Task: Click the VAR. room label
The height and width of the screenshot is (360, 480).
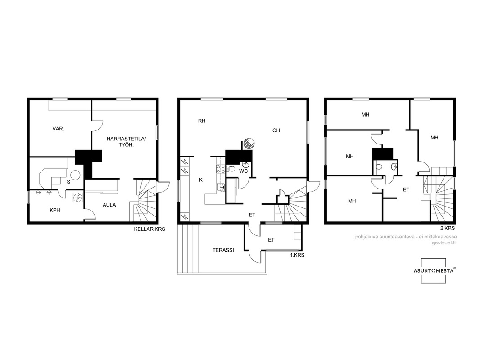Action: click(58, 129)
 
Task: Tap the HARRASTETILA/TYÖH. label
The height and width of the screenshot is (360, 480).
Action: click(127, 142)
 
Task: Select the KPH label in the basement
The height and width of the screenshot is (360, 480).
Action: click(55, 210)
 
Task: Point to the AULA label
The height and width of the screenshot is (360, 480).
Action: click(109, 205)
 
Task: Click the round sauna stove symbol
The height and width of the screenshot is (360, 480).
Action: click(75, 175)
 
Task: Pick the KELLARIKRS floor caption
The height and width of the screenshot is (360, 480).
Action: click(149, 229)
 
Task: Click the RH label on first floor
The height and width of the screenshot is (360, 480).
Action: click(202, 121)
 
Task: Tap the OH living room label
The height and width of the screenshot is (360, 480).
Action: click(276, 130)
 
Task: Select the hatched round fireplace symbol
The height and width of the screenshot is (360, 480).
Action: click(249, 144)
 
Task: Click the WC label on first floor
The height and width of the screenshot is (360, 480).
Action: click(243, 171)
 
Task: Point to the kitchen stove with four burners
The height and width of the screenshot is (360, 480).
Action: click(221, 169)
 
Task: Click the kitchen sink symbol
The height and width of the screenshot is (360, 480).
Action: click(221, 187)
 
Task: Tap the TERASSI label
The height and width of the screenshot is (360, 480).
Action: click(223, 250)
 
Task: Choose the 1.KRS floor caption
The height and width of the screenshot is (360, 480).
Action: click(297, 255)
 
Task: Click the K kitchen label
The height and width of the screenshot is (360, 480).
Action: click(201, 180)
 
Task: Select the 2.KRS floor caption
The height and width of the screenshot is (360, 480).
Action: click(448, 228)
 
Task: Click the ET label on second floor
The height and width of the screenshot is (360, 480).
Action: click(406, 189)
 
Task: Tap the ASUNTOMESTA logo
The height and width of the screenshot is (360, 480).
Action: click(433, 271)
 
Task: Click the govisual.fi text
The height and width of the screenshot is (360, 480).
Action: click(444, 243)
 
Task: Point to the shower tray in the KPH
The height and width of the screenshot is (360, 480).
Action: click(77, 198)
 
